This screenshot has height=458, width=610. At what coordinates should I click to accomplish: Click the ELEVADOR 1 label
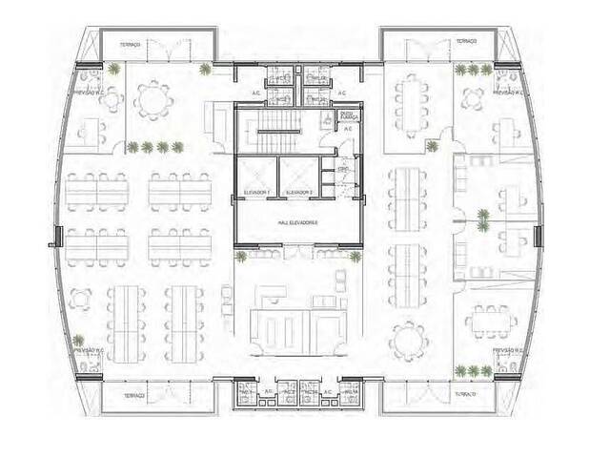pyautogui.click(x=257, y=192)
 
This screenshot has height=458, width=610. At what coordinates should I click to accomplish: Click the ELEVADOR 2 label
pyautogui.click(x=299, y=192)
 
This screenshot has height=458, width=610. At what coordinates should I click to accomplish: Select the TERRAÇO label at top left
pyautogui.click(x=130, y=44)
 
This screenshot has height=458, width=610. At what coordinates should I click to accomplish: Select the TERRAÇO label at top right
pyautogui.click(x=465, y=41)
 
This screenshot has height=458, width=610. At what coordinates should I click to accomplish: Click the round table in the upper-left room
pyautogui.click(x=152, y=98)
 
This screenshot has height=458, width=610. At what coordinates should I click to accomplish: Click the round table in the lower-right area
pyautogui.click(x=410, y=337)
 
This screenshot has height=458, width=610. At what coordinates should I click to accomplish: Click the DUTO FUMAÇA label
pyautogui.click(x=348, y=115)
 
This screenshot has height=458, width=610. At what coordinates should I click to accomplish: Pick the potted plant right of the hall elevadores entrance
pyautogui.click(x=355, y=257)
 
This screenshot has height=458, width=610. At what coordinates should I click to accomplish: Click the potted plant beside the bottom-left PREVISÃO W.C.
pyautogui.click(x=80, y=339)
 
